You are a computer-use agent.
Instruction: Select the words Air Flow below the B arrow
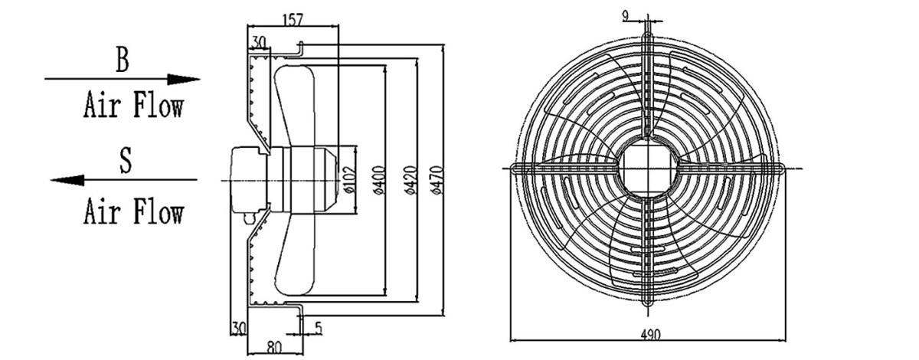(x=133, y=106)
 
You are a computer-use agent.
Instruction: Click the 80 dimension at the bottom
(x=273, y=346)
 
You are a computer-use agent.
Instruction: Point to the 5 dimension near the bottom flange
(x=318, y=328)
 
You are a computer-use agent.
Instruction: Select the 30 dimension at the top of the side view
(x=258, y=42)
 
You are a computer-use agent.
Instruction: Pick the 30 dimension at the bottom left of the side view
(x=237, y=328)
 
